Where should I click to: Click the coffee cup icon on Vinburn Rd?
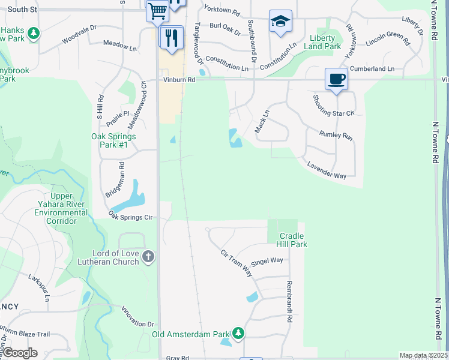[x=336, y=79]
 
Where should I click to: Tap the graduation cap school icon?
[x=280, y=22]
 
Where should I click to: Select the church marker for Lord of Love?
[x=148, y=257]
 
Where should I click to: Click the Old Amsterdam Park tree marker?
[x=238, y=334]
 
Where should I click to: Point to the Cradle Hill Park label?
[x=291, y=240]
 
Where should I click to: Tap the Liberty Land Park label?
[x=325, y=42]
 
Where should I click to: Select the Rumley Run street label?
[x=336, y=136]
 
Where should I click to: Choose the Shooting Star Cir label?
[x=334, y=105]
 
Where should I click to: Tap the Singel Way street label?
[x=267, y=262]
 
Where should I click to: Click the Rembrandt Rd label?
[x=289, y=296]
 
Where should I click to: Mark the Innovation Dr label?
[x=139, y=322]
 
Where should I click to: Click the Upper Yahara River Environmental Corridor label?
[x=61, y=209]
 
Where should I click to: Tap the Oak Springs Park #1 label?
[x=113, y=140]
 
